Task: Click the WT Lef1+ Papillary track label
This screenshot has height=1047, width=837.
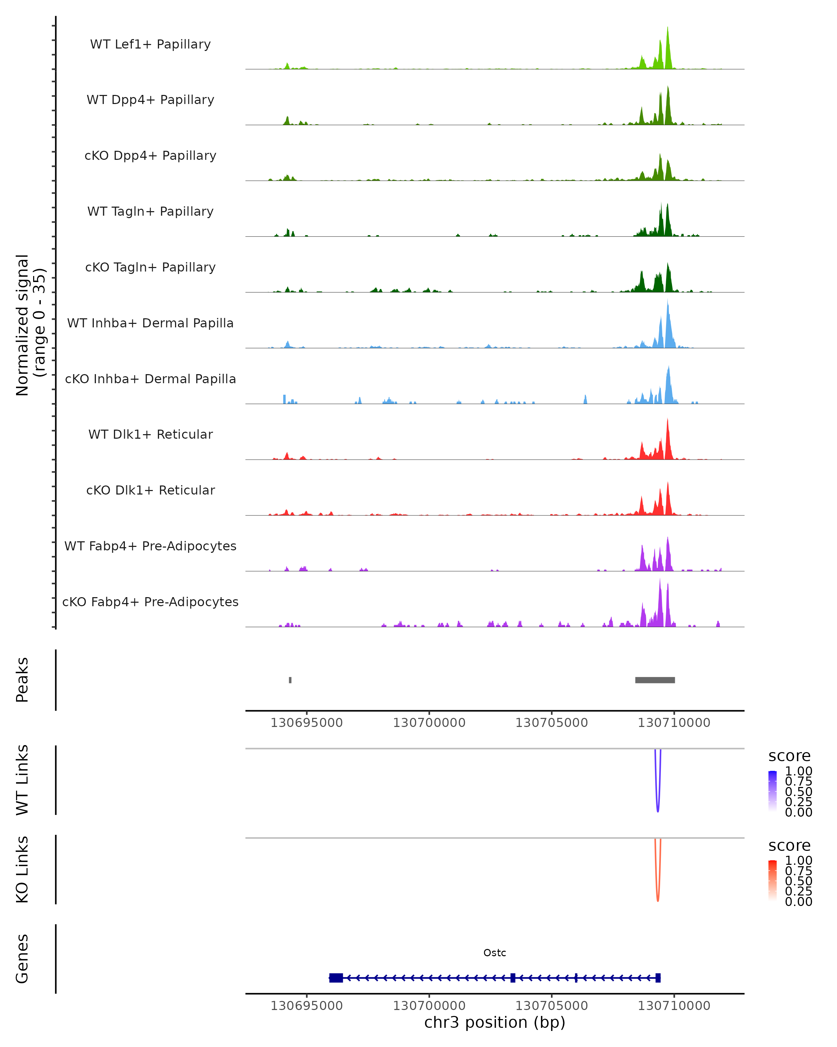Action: pyautogui.click(x=150, y=44)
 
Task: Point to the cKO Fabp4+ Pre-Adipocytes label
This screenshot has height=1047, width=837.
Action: pyautogui.click(x=150, y=602)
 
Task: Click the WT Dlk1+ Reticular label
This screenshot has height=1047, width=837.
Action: pyautogui.click(x=150, y=434)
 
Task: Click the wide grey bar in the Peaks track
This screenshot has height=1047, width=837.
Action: pyautogui.click(x=655, y=680)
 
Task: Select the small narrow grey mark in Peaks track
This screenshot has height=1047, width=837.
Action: pyautogui.click(x=290, y=680)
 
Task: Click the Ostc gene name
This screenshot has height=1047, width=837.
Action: pyautogui.click(x=495, y=953)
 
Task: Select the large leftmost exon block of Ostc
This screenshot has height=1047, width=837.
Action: pyautogui.click(x=336, y=978)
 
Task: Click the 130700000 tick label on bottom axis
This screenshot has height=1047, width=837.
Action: pyautogui.click(x=429, y=1006)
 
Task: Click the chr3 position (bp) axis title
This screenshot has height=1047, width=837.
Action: pyautogui.click(x=495, y=1023)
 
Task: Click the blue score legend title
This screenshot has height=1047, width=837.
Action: pyautogui.click(x=790, y=756)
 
